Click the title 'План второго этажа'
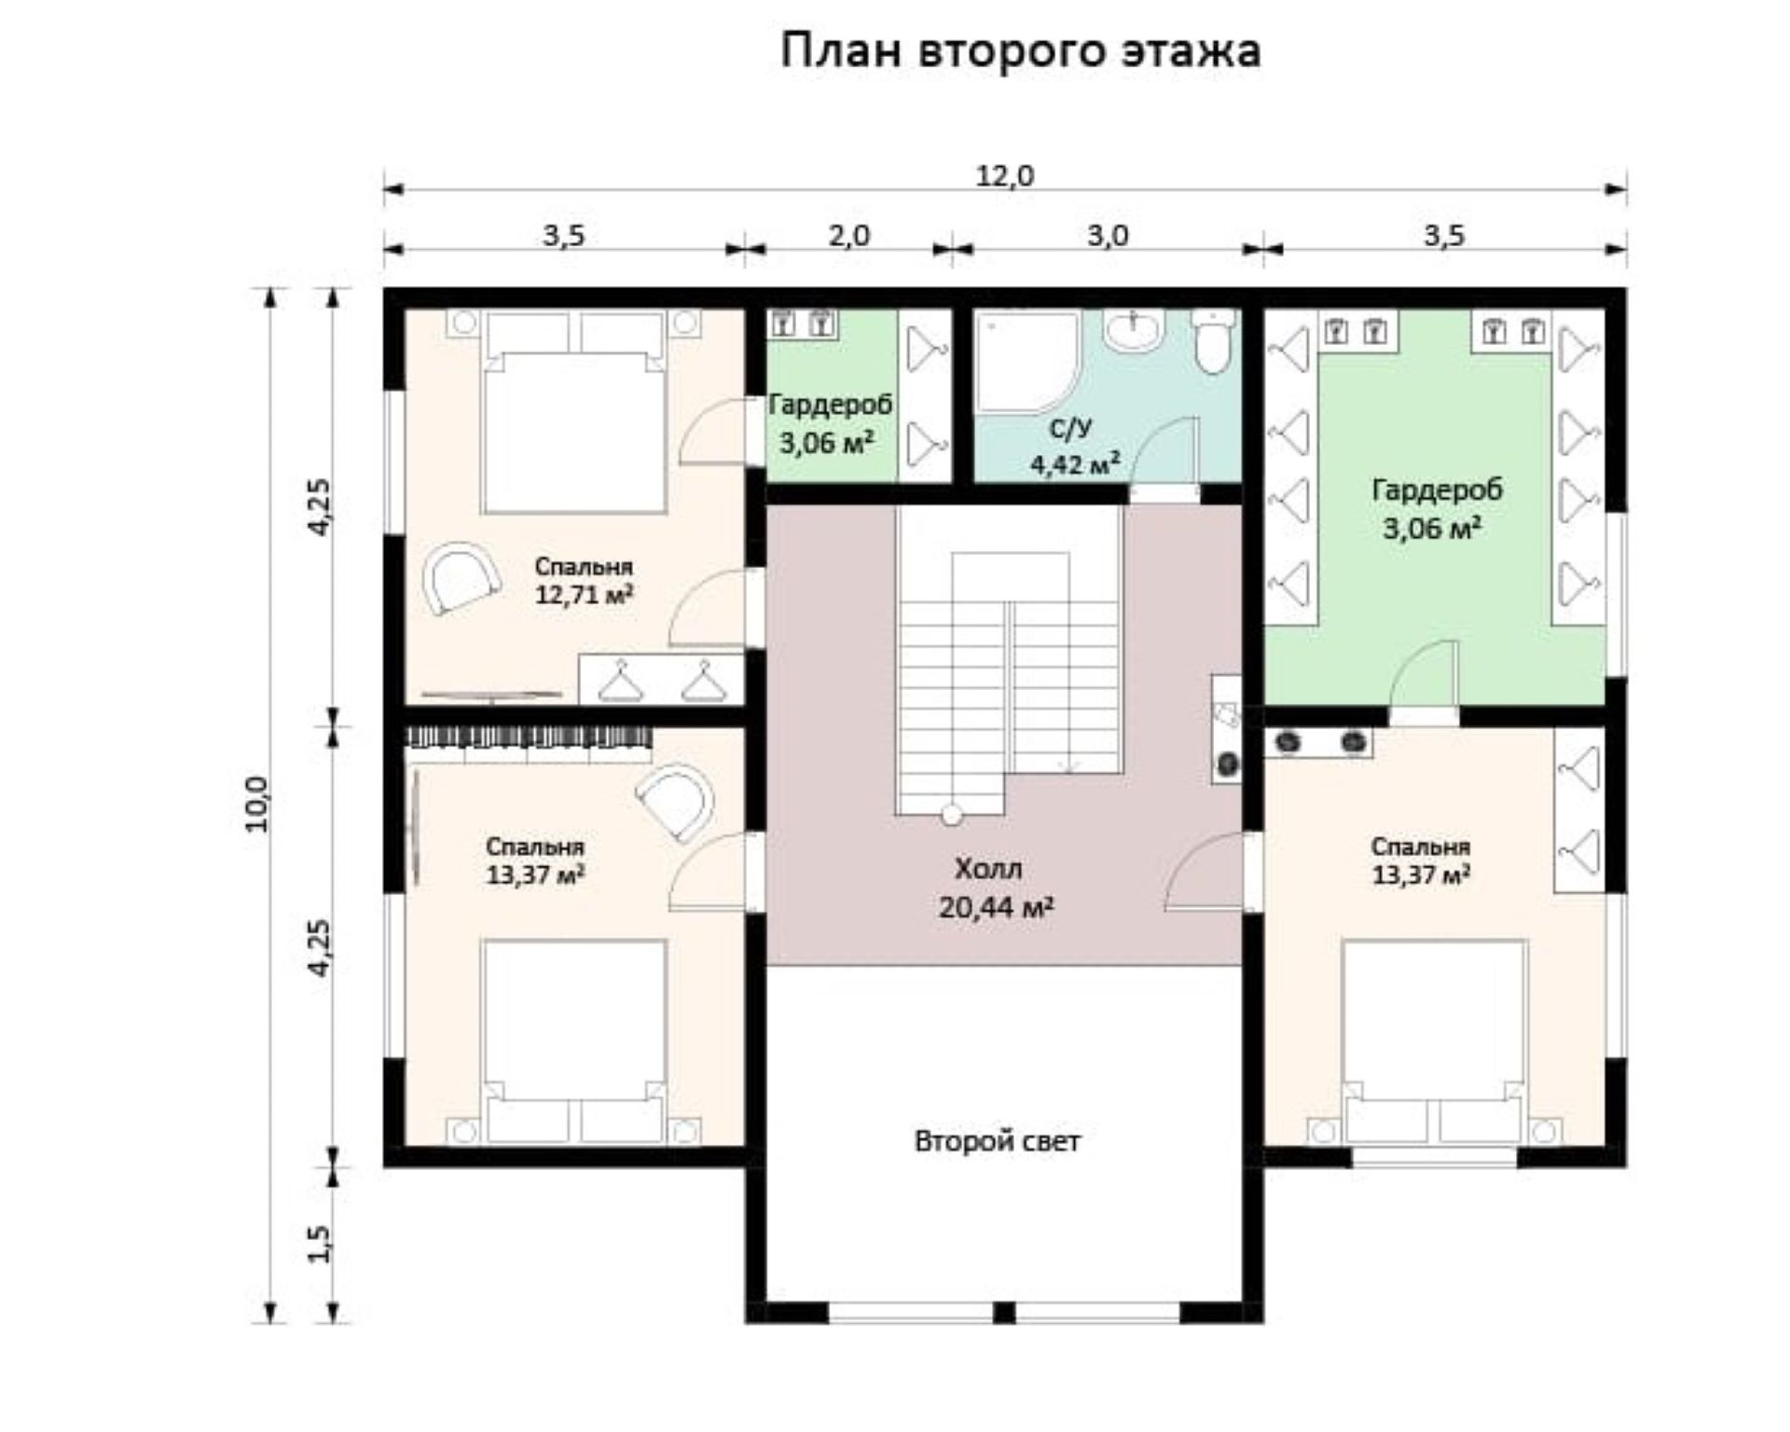1020,50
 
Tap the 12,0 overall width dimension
1005,175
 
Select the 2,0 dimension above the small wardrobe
848,235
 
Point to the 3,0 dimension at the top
1108,235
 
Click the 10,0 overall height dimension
256,804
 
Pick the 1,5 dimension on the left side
318,1243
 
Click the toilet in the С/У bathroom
1213,341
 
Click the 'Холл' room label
988,869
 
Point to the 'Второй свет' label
998,1141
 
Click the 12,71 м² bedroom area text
585,595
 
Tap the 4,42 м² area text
1075,463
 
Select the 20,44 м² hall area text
997,907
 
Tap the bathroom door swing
1164,452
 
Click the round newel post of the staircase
951,815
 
